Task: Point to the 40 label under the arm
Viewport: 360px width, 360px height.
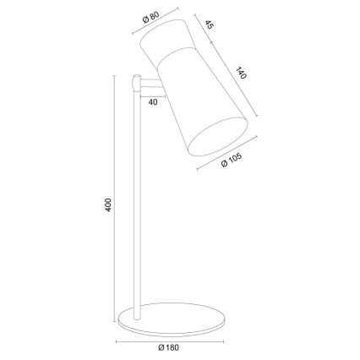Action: point(152,101)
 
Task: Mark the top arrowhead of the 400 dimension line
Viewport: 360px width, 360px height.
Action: point(115,79)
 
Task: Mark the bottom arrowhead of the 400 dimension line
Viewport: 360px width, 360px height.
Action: point(115,321)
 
